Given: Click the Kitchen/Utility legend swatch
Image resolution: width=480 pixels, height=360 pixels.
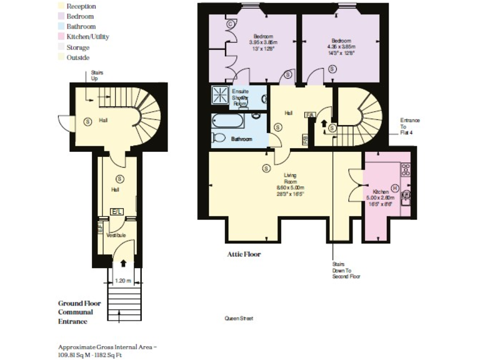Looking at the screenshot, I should (x=62, y=37).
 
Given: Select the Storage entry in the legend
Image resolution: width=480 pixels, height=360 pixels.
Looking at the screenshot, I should (x=62, y=47).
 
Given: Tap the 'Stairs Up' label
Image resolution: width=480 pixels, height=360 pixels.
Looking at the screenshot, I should (x=97, y=76).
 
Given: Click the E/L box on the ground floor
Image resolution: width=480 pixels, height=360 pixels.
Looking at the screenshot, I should (x=117, y=212).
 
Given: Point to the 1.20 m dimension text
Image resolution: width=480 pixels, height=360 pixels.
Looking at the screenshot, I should (x=123, y=281).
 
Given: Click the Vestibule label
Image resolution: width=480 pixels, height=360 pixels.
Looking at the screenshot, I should (x=116, y=235).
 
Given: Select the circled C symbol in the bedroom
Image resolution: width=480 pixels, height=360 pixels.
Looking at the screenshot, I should (x=230, y=24).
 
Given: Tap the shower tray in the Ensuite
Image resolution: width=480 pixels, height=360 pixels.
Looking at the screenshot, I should (x=221, y=96).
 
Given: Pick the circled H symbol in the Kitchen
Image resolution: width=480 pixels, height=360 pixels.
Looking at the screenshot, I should (x=395, y=187).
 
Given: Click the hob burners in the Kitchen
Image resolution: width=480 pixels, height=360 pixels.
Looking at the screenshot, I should (x=405, y=169).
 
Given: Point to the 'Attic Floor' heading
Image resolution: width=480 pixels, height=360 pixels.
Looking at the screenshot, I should (x=244, y=254).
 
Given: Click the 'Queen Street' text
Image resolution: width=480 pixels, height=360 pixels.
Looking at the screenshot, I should (x=239, y=319).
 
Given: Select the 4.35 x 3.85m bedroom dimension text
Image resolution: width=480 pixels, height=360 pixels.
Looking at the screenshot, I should (x=341, y=46).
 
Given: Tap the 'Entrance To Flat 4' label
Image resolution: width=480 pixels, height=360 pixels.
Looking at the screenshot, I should (x=410, y=126).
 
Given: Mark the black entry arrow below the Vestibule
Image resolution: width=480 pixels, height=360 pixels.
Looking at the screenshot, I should (x=123, y=262).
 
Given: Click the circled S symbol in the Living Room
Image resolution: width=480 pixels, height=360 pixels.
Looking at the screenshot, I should (x=266, y=167).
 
